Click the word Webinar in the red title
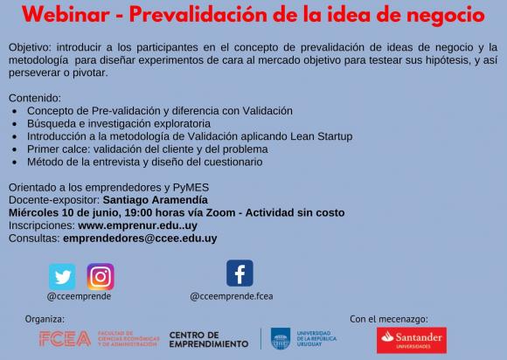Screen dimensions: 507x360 pos(66,15)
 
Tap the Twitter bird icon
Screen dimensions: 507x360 pos(62,277)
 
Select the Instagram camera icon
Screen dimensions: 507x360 pos(101,277)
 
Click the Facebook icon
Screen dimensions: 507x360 pos(240,273)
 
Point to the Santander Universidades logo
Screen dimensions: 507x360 pos(412,340)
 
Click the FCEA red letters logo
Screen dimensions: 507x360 pos(65,339)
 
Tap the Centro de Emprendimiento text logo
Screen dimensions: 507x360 pos(209,340)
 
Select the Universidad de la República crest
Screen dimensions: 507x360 pos(281,339)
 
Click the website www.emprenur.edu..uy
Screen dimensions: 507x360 pos(138,225)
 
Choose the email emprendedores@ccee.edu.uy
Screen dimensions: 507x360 pos(140,239)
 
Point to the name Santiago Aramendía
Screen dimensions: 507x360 pos(156,200)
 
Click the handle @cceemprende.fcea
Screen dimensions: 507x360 pos(232,296)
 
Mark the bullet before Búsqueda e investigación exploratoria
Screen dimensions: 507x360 pos(15,124)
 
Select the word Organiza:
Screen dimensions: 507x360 pos(45,319)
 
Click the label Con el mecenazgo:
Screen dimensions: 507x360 pos(389,319)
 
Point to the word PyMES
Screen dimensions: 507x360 pos(191,188)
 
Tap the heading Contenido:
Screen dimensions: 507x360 pos(35,98)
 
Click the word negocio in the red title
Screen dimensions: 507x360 pos(446,16)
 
